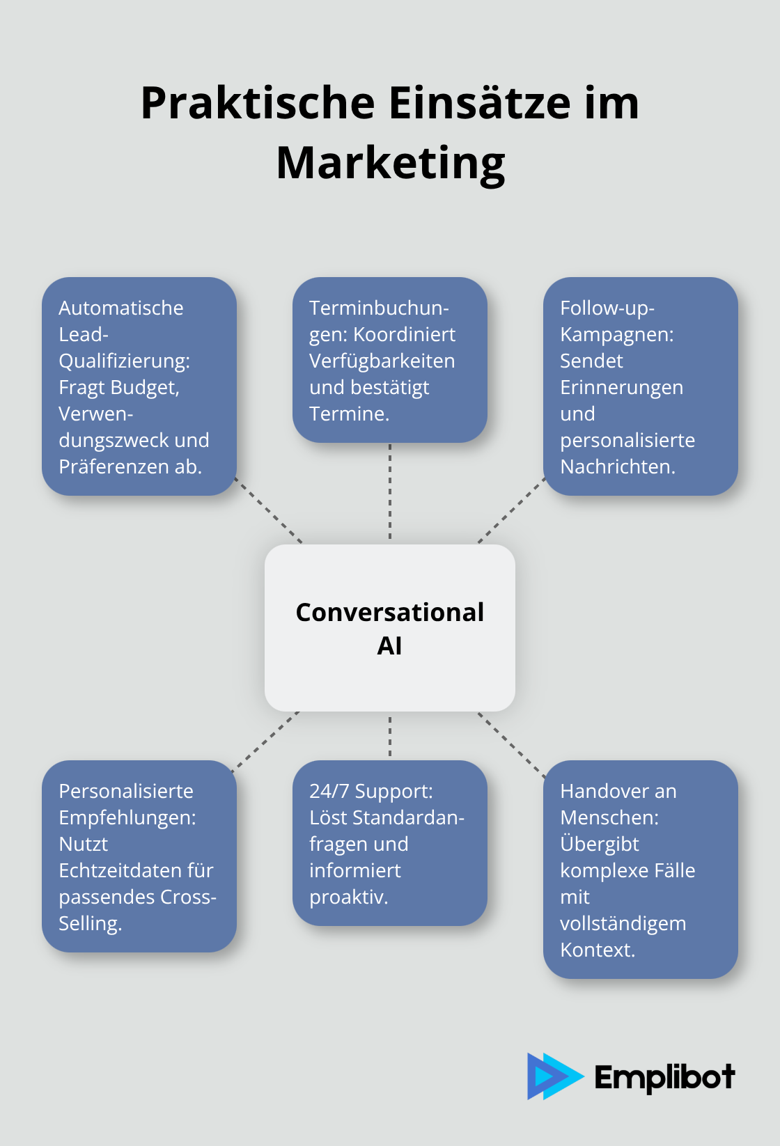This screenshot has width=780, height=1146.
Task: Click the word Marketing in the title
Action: (x=390, y=163)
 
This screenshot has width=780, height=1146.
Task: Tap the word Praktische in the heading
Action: (x=258, y=103)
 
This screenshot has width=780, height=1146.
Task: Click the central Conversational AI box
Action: (x=390, y=627)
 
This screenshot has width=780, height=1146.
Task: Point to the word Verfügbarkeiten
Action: (x=382, y=361)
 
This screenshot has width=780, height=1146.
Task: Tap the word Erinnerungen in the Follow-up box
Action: (x=621, y=387)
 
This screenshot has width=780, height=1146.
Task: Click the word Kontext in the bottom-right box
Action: (x=596, y=950)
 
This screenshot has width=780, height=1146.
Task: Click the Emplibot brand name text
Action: (x=664, y=1077)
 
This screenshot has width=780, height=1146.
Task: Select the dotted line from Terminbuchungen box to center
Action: (x=390, y=492)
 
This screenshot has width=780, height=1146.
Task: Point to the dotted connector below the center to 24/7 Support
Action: (x=390, y=735)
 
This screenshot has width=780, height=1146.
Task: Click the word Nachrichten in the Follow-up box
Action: (x=617, y=466)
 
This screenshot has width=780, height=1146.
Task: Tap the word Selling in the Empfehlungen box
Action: (x=89, y=923)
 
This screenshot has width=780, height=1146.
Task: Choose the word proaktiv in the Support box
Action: (x=348, y=897)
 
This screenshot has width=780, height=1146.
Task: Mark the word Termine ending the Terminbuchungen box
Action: (x=348, y=414)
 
